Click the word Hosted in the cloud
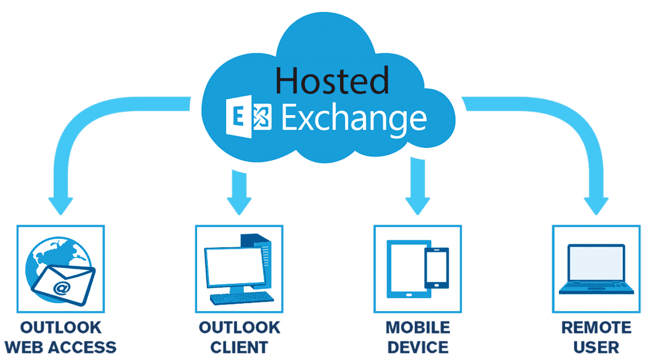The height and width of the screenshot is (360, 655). pyautogui.click(x=332, y=80)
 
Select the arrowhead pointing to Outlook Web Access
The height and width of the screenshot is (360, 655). pyautogui.click(x=61, y=204)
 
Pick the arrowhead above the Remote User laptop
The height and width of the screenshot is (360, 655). pyautogui.click(x=595, y=204)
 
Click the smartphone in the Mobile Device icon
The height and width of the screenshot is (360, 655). pyautogui.click(x=437, y=268)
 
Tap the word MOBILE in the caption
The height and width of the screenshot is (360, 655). pyautogui.click(x=418, y=327)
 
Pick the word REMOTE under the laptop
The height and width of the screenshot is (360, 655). pyautogui.click(x=596, y=327)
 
